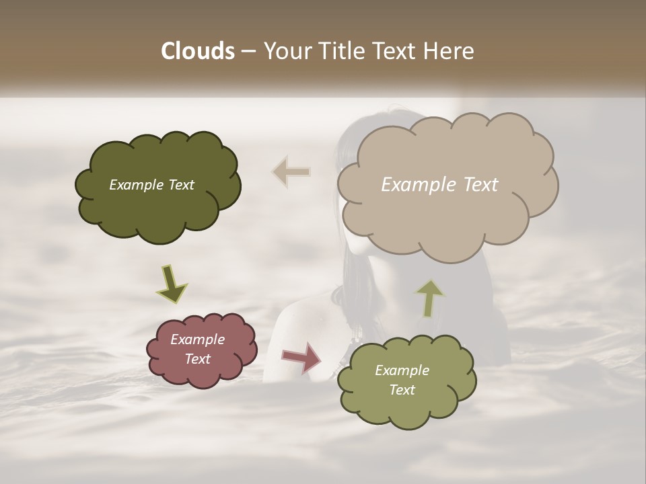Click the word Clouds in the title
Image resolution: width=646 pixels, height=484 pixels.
pos(198,51)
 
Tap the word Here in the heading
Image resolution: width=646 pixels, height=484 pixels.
pos(450,51)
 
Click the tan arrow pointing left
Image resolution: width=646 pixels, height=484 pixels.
pos(291,172)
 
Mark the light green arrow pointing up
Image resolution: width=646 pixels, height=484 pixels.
pos(430,298)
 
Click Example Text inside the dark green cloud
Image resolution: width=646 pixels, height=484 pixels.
pos(151,185)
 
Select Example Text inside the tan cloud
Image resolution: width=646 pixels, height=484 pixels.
pos(439,185)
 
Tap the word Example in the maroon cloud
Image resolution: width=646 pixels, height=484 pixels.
pos(197,339)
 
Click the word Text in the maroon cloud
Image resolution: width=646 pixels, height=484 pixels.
pos(197,359)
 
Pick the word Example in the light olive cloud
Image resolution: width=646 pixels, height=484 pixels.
pos(402,370)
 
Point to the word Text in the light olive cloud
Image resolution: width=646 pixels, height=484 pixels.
pos(402,390)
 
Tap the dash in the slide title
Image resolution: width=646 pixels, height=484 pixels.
pos(248,51)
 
